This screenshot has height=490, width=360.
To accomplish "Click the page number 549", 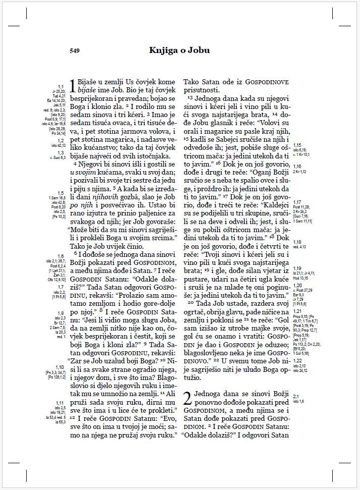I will coord(75,50).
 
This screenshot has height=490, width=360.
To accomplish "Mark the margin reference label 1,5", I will coord(61,193).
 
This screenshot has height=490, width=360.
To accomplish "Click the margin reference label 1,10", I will coord(59,367).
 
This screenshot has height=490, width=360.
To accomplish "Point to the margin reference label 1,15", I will coord(297,145).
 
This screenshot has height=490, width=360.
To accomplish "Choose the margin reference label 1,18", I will coord(297,242).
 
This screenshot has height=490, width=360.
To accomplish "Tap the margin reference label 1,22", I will coord(297,361).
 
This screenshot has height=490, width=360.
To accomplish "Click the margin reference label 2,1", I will coord(295,396).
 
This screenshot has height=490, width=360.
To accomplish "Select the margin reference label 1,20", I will coord(297,286).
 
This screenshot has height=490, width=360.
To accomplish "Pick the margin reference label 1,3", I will coord(61,152).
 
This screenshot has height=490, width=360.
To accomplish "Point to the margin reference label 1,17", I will coord(297,202).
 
